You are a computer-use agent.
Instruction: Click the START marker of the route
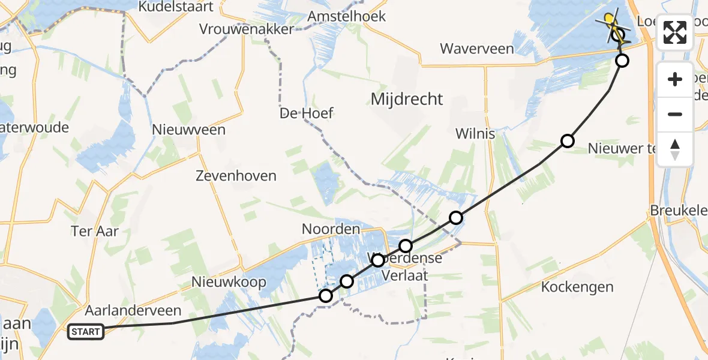(x=86, y=331)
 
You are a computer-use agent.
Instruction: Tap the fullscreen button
(x=675, y=32)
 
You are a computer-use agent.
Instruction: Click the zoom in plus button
(x=675, y=80)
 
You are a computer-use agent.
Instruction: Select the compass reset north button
(x=675, y=149)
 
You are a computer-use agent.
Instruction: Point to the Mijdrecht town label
(x=407, y=99)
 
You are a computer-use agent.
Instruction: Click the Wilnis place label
(x=475, y=133)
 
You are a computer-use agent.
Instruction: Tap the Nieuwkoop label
(x=229, y=282)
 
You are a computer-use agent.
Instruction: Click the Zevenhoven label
(x=236, y=176)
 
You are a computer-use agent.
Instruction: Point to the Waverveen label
(x=477, y=49)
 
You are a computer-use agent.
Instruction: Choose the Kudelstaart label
(x=168, y=7)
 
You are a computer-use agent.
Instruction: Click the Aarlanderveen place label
(x=133, y=310)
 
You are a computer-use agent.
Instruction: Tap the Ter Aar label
(x=94, y=230)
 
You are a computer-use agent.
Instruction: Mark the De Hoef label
(x=307, y=113)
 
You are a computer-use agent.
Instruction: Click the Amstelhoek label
(x=346, y=16)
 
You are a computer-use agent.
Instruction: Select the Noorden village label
(x=331, y=229)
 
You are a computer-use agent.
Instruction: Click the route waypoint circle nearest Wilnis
(x=567, y=141)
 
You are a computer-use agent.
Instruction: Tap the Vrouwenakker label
(x=247, y=29)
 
